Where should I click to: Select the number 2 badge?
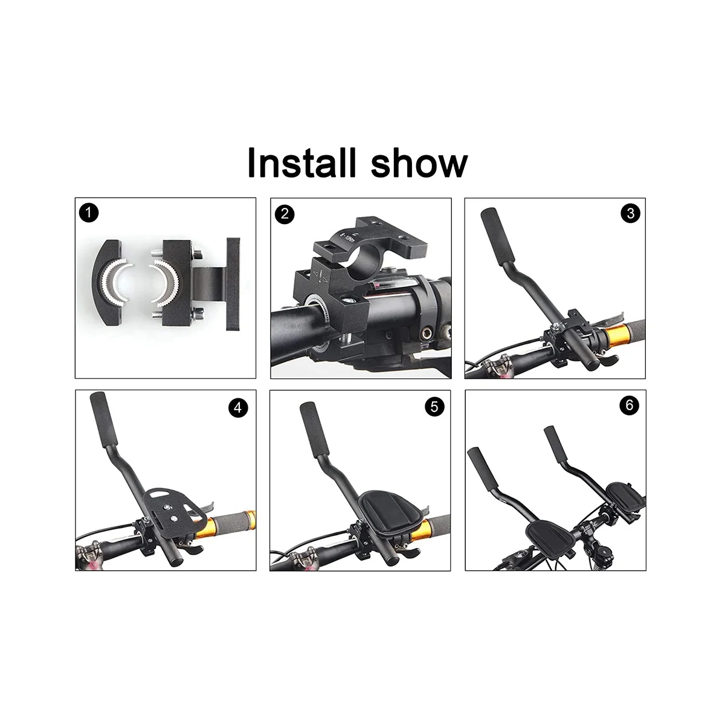tap(284, 213)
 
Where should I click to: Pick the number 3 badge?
tap(630, 213)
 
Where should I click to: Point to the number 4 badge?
tap(238, 408)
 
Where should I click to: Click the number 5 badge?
tap(434, 407)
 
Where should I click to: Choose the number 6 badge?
tap(629, 405)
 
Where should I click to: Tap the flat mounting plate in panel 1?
tap(233, 284)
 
